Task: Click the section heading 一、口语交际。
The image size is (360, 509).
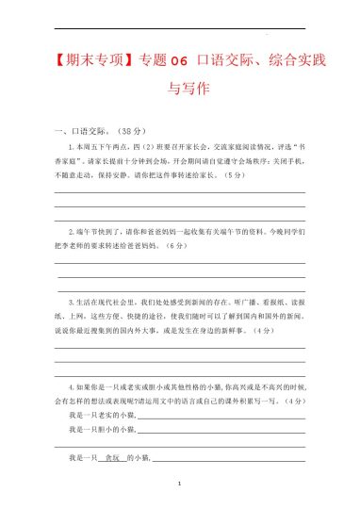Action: click(87, 130)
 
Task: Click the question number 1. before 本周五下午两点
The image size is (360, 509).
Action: click(73, 148)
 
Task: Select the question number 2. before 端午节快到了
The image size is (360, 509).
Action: click(73, 231)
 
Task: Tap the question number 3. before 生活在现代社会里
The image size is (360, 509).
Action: click(73, 303)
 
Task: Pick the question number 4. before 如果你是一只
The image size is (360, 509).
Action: click(73, 386)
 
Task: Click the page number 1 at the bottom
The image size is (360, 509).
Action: click(180, 482)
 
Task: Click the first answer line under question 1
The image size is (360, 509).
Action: click(180, 193)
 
